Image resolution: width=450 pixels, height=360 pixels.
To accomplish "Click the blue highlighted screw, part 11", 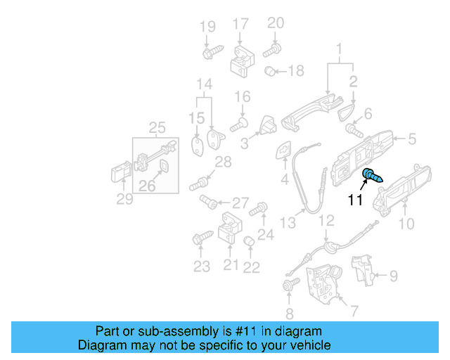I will [x=371, y=176].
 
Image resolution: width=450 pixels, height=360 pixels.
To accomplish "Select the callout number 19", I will [x=207, y=27].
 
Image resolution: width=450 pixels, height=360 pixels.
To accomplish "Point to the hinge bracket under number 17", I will [x=241, y=63].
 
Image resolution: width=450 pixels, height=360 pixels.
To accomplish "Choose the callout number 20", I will [x=276, y=23].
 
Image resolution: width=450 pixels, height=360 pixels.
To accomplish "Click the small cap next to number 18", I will [x=270, y=71].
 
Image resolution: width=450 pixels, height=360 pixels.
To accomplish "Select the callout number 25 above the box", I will [x=157, y=127].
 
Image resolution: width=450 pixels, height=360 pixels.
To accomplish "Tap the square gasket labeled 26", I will [x=162, y=167].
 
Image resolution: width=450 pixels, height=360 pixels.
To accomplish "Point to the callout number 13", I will [x=287, y=223].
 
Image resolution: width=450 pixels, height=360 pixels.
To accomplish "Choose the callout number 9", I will [x=393, y=276].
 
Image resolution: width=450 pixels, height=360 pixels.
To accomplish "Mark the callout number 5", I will [x=412, y=139].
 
